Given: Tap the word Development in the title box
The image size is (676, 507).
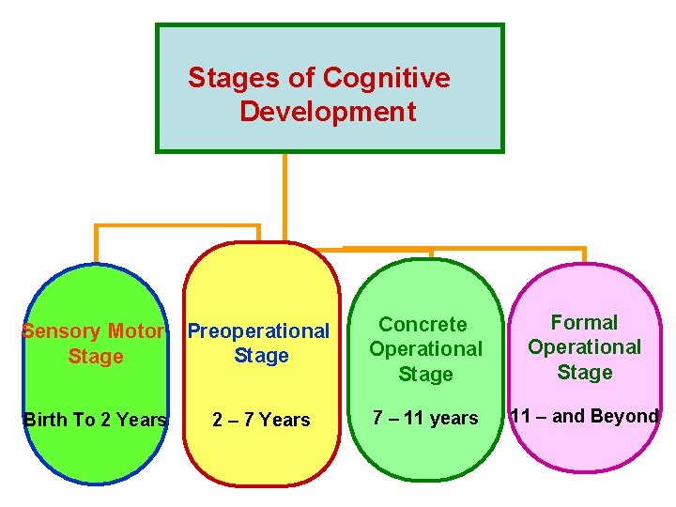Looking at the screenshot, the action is tap(328, 112).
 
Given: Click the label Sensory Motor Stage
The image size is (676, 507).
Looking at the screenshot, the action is tap(95, 344).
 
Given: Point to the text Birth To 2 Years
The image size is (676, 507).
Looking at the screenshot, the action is tap(95, 420).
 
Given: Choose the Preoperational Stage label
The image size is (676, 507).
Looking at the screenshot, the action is tap(259, 344).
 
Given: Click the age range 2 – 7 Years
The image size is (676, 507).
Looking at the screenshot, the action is tap(261, 420).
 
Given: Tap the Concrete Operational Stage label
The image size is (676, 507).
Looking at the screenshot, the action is tap(425, 349).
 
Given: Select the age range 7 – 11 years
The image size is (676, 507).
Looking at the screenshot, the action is tap(425, 418).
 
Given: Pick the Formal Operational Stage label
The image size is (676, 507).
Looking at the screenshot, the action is tap(584, 347).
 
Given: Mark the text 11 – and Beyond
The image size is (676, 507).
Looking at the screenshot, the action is tap(583, 416).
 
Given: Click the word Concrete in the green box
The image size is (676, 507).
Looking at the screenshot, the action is tap(422, 325).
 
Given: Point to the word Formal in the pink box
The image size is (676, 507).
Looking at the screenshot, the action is tap(584, 323).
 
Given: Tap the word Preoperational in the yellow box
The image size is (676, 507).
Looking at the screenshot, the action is tap(259, 331).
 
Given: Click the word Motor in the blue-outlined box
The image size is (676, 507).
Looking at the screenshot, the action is tap(136, 331).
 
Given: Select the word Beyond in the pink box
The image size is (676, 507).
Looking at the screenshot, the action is tap(625, 416).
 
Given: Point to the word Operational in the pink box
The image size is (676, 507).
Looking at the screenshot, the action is tap(584, 347).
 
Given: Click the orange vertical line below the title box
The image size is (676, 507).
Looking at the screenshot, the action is tap(284, 188).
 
